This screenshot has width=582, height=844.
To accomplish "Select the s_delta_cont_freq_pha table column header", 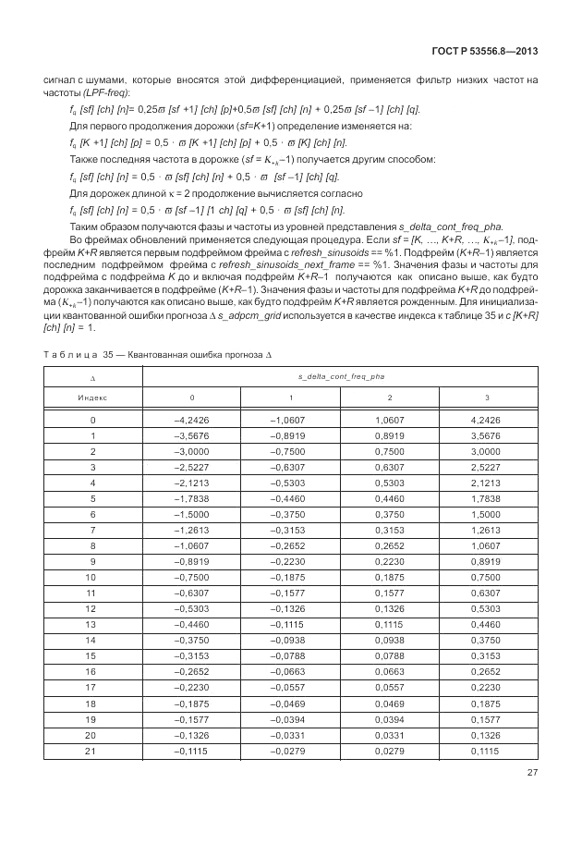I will click(340, 377).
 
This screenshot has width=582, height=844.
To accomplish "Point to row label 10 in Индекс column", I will click(92, 577).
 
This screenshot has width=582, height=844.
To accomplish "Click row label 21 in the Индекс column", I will click(92, 751).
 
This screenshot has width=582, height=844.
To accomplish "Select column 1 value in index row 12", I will click(291, 608).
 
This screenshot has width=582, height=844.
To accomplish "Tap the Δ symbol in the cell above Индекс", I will click(92, 377).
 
